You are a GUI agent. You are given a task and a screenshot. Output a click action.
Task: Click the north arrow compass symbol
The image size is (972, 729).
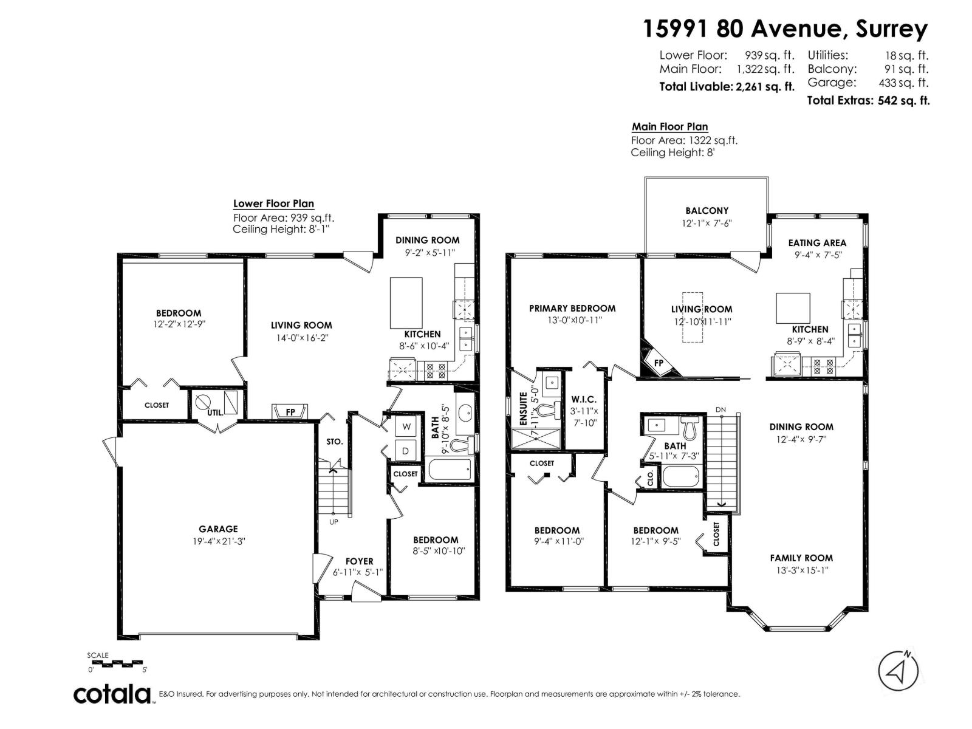pyautogui.click(x=898, y=671)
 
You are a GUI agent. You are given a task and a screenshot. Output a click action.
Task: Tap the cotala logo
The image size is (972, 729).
pyautogui.click(x=112, y=694)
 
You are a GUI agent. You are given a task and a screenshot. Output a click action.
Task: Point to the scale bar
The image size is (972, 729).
pyautogui.click(x=116, y=663)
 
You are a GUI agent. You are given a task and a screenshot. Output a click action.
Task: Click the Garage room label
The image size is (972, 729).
pyautogui.click(x=218, y=529)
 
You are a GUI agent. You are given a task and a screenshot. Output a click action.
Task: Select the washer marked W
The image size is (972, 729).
pyautogui.click(x=406, y=427)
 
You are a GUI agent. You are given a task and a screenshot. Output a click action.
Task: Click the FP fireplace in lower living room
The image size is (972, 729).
pyautogui.click(x=290, y=412)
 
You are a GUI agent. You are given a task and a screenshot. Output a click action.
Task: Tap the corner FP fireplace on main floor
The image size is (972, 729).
pyautogui.click(x=659, y=363)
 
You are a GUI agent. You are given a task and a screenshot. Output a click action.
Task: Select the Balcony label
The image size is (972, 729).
pyautogui.click(x=707, y=211)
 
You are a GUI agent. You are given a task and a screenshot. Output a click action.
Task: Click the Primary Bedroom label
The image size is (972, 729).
pyautogui.click(x=572, y=309)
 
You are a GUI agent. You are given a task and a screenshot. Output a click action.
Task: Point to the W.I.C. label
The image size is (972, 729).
pyautogui.click(x=584, y=400)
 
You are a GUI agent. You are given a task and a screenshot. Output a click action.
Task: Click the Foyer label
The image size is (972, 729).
pyautogui.click(x=359, y=561)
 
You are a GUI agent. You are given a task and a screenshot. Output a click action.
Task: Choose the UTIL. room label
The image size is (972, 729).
pyautogui.click(x=215, y=412)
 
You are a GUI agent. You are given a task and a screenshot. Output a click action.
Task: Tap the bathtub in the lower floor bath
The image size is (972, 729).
pyautogui.click(x=450, y=470)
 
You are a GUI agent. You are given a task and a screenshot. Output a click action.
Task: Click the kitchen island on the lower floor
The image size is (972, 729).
pyautogui.click(x=406, y=303)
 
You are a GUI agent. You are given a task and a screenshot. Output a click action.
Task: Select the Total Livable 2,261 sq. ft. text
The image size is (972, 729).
pyautogui.click(x=727, y=87)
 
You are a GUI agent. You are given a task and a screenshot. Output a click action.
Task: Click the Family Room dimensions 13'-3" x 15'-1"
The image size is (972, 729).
pyautogui.click(x=801, y=570)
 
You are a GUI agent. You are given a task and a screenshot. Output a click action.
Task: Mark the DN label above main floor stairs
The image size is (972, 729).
pyautogui.click(x=720, y=409)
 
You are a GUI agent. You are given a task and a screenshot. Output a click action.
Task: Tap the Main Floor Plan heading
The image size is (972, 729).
pyautogui.click(x=669, y=126)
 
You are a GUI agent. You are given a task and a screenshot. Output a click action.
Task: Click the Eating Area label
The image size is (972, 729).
pyautogui.click(x=816, y=243)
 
